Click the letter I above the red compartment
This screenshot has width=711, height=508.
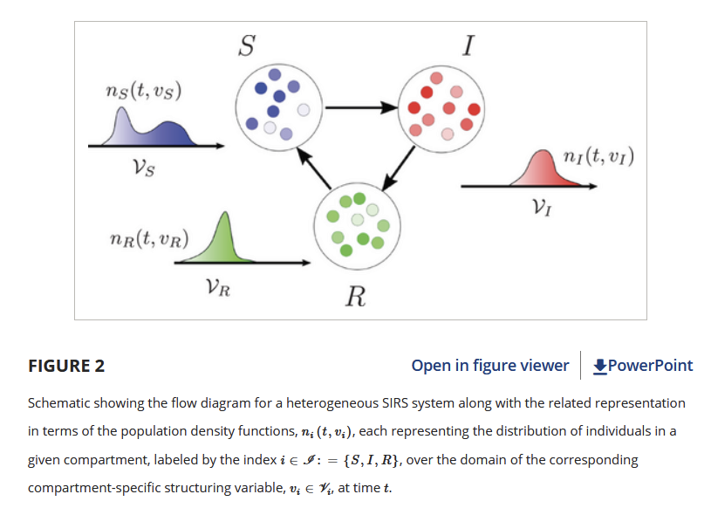(469, 45)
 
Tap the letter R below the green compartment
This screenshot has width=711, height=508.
(355, 298)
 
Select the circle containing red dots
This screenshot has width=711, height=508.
(440, 107)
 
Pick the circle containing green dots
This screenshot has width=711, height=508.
(356, 225)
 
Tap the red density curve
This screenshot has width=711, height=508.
(545, 169)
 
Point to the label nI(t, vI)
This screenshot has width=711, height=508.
(598, 157)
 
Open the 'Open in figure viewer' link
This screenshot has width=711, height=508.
(489, 366)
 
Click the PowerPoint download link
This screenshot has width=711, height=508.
(643, 366)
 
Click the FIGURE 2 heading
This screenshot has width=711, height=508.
(66, 366)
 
